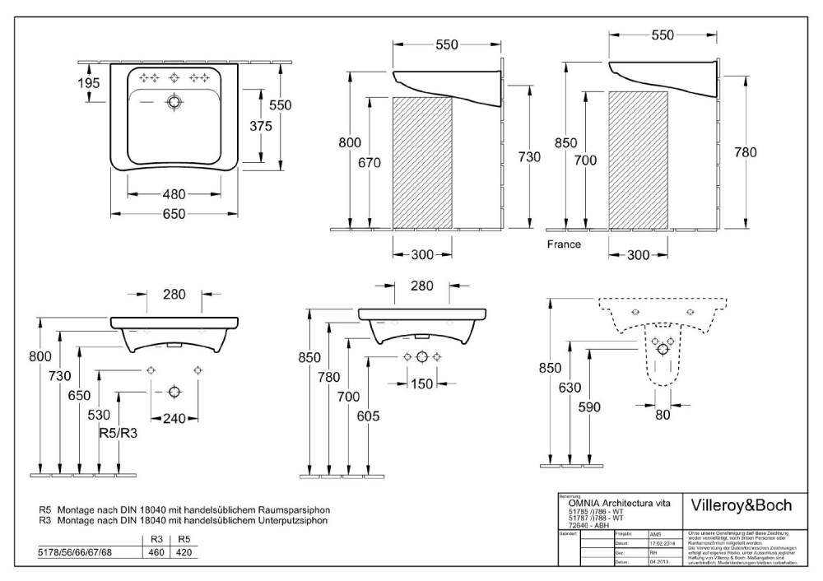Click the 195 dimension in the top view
pos(90,82)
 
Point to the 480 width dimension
pos(174,195)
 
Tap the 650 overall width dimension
pos(174,214)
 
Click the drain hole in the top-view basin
pos(174,103)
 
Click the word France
pos(564,244)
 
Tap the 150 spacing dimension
pos(421,383)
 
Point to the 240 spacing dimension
pos(174,418)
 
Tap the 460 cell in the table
pos(155,552)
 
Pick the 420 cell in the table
pos(184,552)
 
